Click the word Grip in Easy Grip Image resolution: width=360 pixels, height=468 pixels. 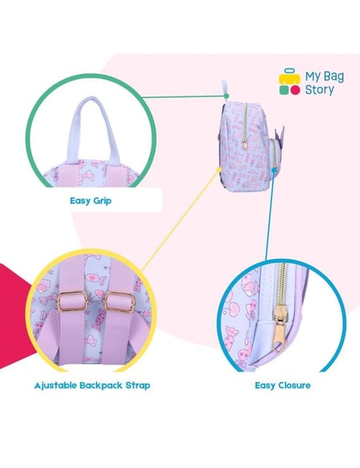[102, 201]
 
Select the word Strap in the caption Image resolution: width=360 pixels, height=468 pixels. [138, 386]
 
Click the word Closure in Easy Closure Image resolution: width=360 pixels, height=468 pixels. [294, 386]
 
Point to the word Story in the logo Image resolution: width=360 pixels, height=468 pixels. [319, 90]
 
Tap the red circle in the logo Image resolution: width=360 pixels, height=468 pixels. [295, 90]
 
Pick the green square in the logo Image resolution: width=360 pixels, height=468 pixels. [284, 90]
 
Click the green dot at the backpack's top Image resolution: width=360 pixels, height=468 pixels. [226, 96]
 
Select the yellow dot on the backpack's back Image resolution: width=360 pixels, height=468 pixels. [218, 169]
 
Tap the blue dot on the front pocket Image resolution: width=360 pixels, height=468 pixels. [274, 170]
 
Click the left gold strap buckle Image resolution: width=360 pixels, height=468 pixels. [73, 302]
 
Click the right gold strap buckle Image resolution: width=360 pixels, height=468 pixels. [119, 303]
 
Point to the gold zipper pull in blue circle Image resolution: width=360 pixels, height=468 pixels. [279, 329]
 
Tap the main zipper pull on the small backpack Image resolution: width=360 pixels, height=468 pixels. [245, 143]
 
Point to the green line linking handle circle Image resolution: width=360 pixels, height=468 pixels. [184, 97]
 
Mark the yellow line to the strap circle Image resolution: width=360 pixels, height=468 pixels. [180, 220]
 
